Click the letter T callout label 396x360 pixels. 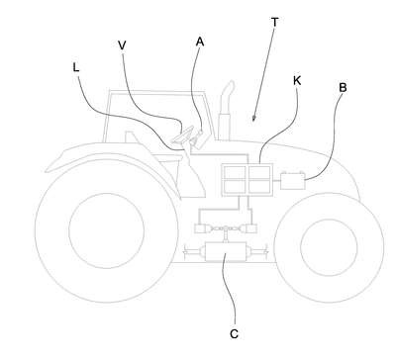click(x=274, y=23)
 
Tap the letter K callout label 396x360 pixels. click(x=297, y=80)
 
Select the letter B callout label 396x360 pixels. click(x=343, y=88)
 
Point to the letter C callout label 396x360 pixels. click(x=234, y=334)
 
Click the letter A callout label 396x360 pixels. click(x=200, y=42)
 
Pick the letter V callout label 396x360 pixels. click(x=122, y=45)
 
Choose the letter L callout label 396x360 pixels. click(x=76, y=67)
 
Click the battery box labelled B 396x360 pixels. click(x=293, y=181)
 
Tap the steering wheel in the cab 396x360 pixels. click(x=182, y=135)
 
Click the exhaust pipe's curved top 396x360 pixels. click(x=228, y=88)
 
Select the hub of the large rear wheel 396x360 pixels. click(x=106, y=230)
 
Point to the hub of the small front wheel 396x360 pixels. click(x=329, y=247)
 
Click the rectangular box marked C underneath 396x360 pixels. click(x=226, y=252)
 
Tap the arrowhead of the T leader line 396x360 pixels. click(x=254, y=119)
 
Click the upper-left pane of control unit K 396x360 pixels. click(x=235, y=172)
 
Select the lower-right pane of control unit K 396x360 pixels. click(x=259, y=186)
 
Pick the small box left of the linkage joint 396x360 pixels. click(x=200, y=228)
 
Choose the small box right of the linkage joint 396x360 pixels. click(x=251, y=228)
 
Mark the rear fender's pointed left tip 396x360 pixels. click(x=47, y=170)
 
